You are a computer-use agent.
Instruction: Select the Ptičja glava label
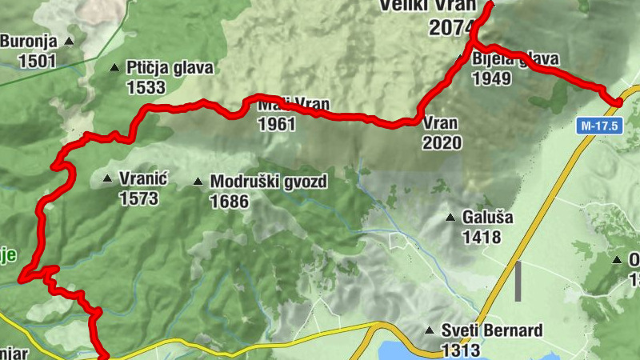(170, 68)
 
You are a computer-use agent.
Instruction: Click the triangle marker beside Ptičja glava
(115, 68)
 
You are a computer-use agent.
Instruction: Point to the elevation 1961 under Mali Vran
(277, 124)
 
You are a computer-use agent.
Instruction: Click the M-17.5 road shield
(598, 126)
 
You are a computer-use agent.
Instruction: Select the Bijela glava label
(516, 59)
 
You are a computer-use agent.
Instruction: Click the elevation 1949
(492, 78)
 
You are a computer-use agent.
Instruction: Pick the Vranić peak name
(142, 179)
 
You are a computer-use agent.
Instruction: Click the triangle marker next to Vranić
(107, 178)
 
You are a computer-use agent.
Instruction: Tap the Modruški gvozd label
(268, 182)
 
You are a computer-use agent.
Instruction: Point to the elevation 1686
(229, 202)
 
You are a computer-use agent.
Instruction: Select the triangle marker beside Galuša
(451, 217)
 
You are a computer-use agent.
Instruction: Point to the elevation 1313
(460, 350)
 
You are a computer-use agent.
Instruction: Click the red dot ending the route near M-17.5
(618, 101)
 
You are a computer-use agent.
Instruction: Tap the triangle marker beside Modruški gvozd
(198, 182)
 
